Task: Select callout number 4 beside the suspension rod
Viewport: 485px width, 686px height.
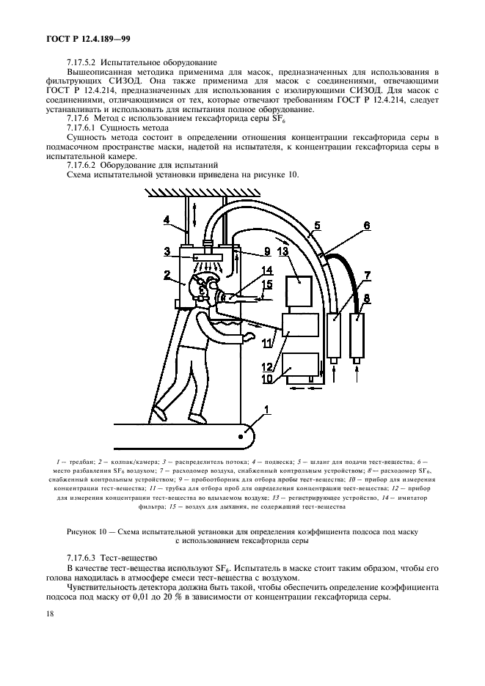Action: coord(167,219)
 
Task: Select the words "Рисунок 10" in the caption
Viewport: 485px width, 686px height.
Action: coord(89,531)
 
